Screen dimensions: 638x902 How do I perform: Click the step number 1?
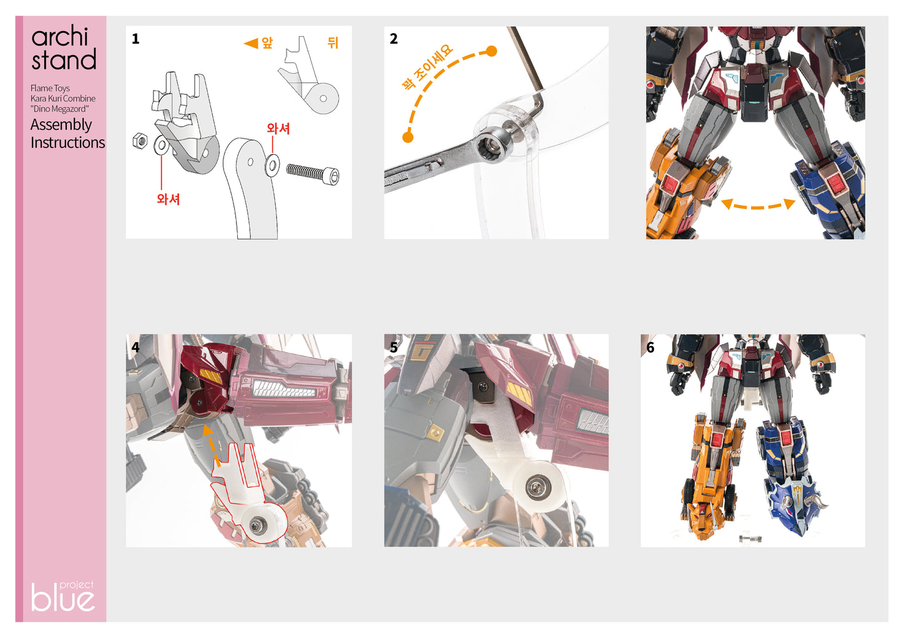coord(135,39)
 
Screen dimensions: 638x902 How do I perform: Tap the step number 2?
coord(393,39)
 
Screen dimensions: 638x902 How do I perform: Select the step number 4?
coord(135,347)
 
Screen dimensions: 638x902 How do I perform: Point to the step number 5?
coord(393,348)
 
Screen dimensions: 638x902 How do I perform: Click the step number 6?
coord(650,348)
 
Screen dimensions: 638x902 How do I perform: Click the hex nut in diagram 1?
coord(140,141)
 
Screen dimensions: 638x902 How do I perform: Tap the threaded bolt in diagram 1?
coord(312,173)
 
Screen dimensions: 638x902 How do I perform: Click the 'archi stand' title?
coord(64,49)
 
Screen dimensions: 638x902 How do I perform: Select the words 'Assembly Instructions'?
coord(67,134)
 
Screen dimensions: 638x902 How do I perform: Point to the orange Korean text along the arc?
coord(427,67)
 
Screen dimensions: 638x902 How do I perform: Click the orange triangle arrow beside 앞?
coord(251,43)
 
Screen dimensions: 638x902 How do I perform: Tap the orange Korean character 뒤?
coord(333,42)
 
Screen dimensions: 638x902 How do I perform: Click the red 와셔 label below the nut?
coord(168,199)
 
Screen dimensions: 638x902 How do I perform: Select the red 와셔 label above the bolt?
coord(278,129)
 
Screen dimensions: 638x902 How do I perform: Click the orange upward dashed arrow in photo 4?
coord(210,444)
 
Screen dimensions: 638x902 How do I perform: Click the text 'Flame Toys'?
coord(50,88)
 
